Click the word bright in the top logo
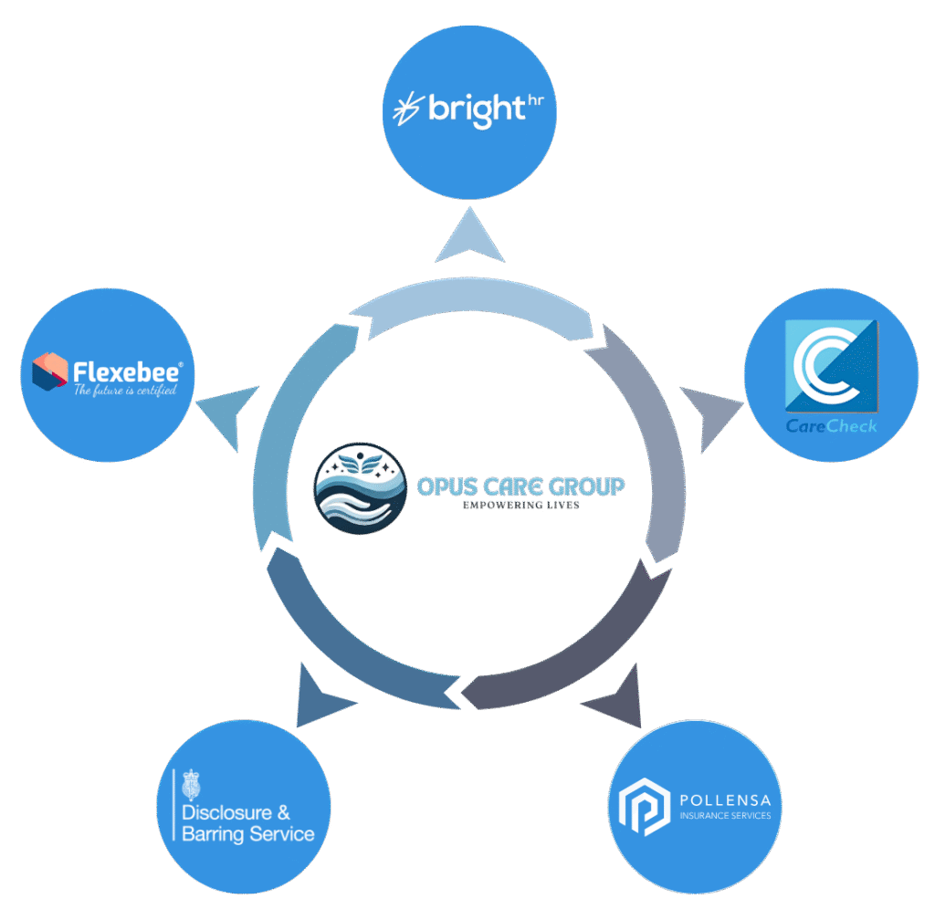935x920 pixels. click(473, 110)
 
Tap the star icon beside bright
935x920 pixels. click(405, 110)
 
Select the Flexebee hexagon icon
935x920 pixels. click(50, 370)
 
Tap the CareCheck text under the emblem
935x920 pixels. click(831, 425)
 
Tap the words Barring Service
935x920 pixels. click(248, 833)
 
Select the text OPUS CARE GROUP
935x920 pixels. click(520, 486)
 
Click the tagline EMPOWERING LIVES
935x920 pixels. click(520, 505)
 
